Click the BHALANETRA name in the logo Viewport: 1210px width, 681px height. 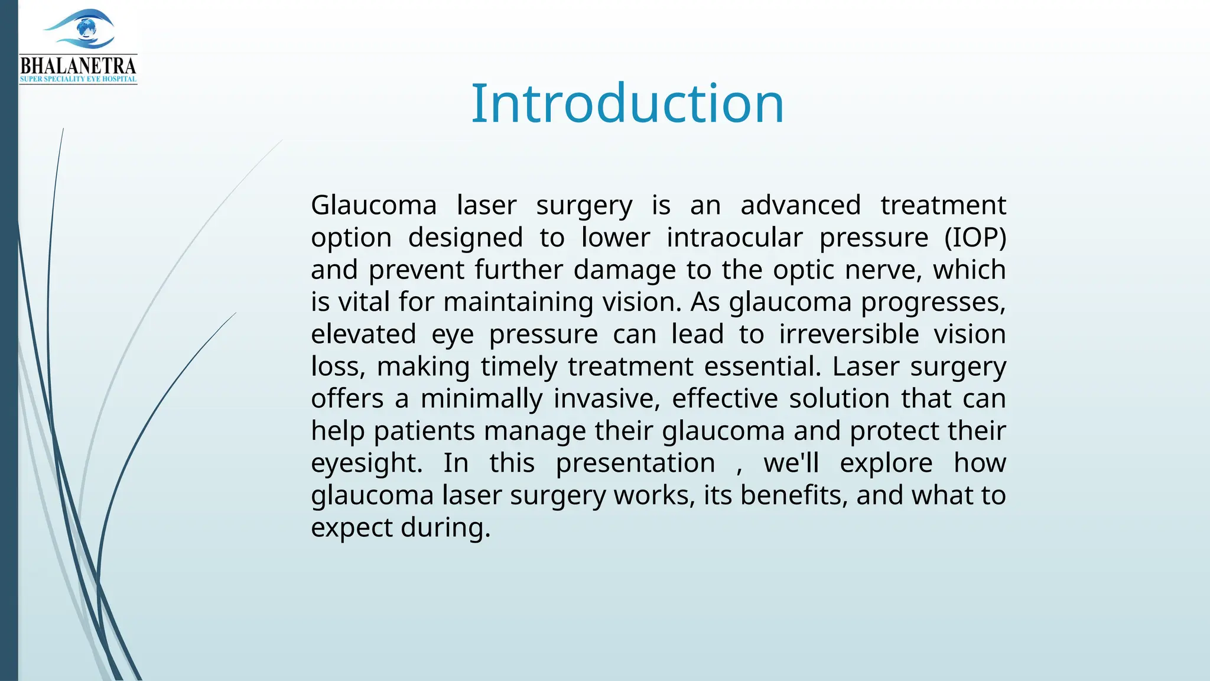[78, 66]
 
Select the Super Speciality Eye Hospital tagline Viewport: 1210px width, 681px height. [78, 79]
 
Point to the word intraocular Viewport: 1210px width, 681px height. [734, 238]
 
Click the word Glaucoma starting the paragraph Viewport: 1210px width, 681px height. [373, 206]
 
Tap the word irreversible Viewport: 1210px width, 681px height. [848, 334]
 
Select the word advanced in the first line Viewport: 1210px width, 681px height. [801, 206]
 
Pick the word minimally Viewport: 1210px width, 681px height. [481, 398]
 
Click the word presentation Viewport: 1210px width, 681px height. [635, 463]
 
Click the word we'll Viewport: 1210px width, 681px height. [791, 463]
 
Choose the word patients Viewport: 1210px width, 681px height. [424, 431]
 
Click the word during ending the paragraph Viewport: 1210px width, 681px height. [445, 527]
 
